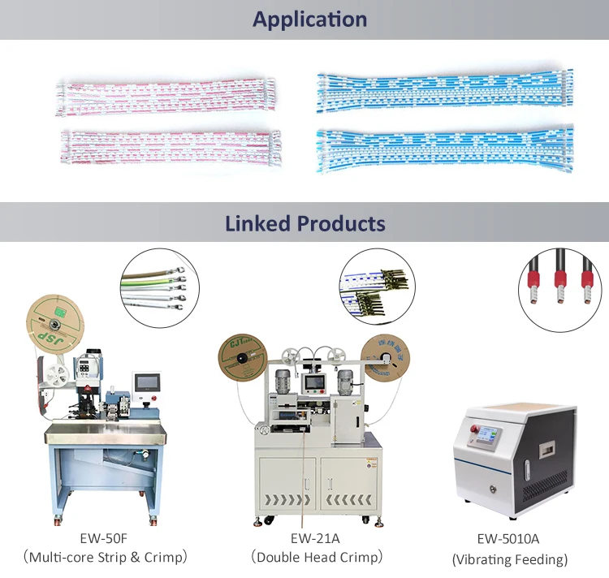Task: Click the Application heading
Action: pyautogui.click(x=309, y=19)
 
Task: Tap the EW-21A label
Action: pyautogui.click(x=315, y=538)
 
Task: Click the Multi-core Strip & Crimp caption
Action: pyautogui.click(x=106, y=558)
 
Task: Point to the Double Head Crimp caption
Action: pyautogui.click(x=315, y=558)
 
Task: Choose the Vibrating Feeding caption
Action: pyautogui.click(x=509, y=559)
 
